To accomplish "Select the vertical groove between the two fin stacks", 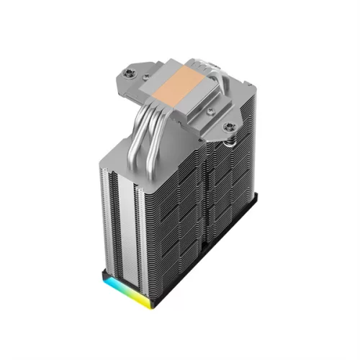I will (205, 209).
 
